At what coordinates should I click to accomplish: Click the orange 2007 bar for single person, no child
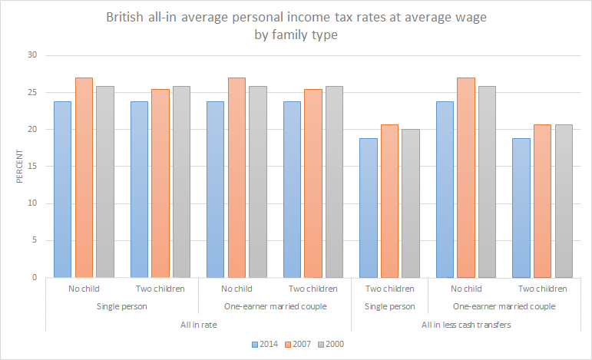(84, 177)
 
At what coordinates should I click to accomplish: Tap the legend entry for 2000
(332, 343)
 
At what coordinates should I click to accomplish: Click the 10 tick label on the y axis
(31, 203)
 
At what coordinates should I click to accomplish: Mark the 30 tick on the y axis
(31, 55)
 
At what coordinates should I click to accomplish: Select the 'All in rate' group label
(198, 324)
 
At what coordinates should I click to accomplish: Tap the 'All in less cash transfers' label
(466, 324)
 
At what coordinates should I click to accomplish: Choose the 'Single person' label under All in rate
(122, 306)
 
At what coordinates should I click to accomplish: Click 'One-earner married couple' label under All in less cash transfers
(504, 306)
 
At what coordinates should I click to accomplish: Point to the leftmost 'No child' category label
(84, 289)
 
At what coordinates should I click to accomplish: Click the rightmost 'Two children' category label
(543, 289)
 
